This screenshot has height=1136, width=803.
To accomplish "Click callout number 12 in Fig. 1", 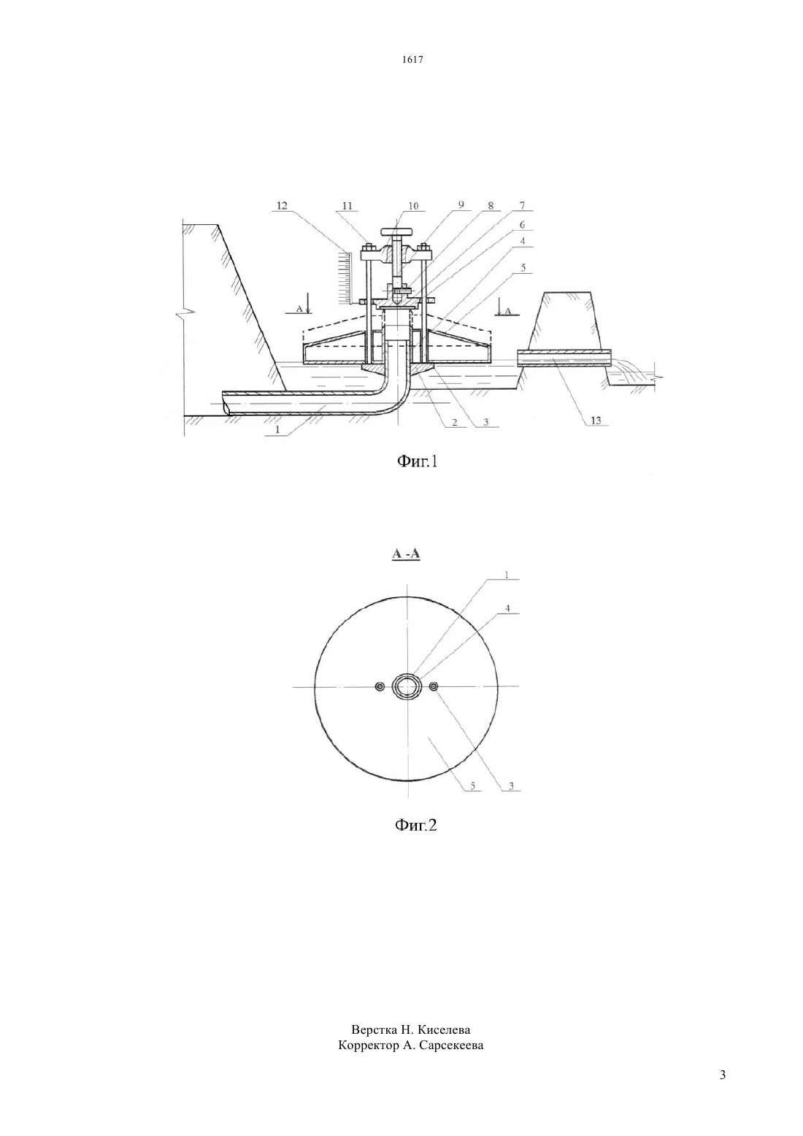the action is pyautogui.click(x=282, y=205).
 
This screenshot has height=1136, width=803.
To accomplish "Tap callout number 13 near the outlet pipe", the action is pyautogui.click(x=596, y=421).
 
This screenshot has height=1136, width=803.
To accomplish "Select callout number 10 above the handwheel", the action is pyautogui.click(x=413, y=205).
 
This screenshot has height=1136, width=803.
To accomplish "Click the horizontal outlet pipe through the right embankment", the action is pyautogui.click(x=564, y=358).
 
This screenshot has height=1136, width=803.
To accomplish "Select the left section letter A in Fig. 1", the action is pyautogui.click(x=299, y=308).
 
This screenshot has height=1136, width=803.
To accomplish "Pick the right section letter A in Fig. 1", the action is pyautogui.click(x=508, y=312).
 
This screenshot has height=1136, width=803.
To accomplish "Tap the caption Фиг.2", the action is pyautogui.click(x=416, y=825).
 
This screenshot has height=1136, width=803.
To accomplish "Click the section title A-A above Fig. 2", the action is pyautogui.click(x=407, y=554).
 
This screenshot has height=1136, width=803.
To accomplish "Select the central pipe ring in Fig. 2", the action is pyautogui.click(x=406, y=687).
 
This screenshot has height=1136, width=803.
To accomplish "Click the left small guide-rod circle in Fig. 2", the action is pyautogui.click(x=379, y=687).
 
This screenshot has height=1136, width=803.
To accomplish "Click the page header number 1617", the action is pyautogui.click(x=412, y=59).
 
